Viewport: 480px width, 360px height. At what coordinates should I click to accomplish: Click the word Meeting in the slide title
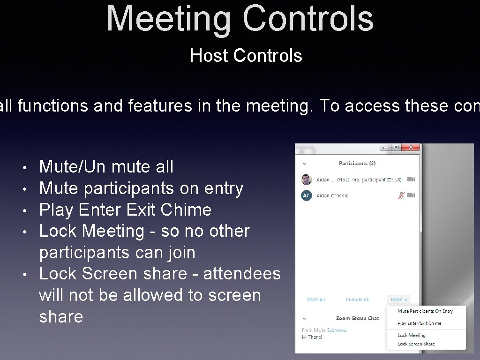point(169,19)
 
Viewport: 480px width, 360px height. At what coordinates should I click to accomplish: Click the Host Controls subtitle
point(246,56)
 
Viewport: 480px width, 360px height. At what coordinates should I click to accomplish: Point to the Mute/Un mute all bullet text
point(106,166)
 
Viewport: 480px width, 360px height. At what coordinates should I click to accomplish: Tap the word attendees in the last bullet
point(242,274)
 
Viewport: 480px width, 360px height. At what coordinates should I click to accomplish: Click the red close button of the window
point(411,147)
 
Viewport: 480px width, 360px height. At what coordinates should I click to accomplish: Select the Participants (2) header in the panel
point(357,164)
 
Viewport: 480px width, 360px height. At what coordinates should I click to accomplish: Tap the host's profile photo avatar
point(306,180)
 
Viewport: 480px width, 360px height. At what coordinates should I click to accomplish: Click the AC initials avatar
point(306,195)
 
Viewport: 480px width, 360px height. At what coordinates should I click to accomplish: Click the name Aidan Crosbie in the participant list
point(332,195)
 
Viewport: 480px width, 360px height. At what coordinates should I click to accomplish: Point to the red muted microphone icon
point(401,195)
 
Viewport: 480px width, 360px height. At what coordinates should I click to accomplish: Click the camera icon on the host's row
point(411,180)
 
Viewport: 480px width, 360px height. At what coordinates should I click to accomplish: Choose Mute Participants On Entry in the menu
point(425,311)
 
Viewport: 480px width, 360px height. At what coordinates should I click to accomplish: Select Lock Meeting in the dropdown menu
point(411,335)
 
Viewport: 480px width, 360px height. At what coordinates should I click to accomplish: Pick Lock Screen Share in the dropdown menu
point(416,344)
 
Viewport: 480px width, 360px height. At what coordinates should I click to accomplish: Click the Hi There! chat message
point(312,337)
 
